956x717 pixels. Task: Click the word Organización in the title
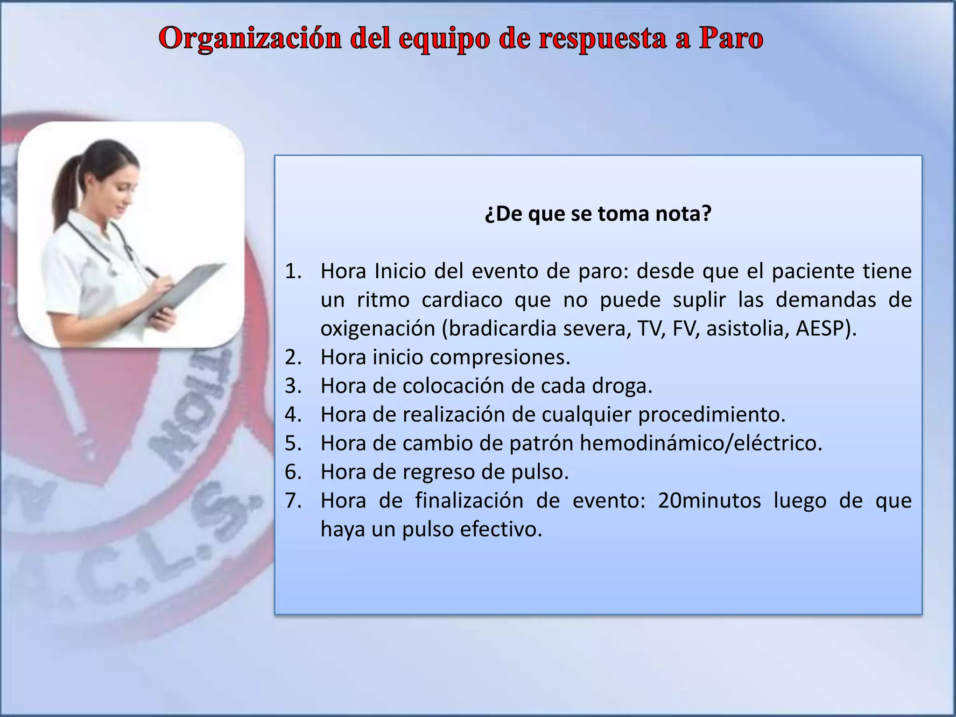pyautogui.click(x=250, y=38)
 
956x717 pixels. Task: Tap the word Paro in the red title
pyautogui.click(x=731, y=38)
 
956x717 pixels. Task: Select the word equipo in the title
pyautogui.click(x=442, y=39)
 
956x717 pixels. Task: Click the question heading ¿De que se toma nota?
pyautogui.click(x=598, y=214)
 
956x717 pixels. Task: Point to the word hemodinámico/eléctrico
pyautogui.click(x=700, y=443)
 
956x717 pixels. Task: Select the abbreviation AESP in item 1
pyautogui.click(x=825, y=329)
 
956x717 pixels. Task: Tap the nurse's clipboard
pyautogui.click(x=187, y=285)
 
